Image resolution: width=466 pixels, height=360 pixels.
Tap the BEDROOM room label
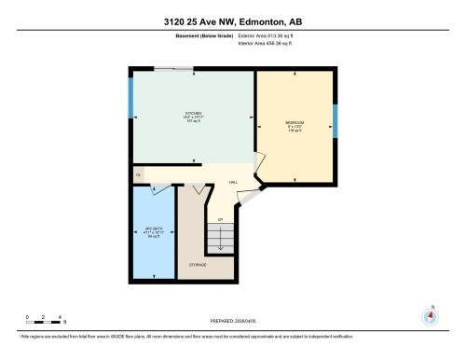click(295, 123)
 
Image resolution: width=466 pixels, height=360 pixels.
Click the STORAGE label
click(197, 265)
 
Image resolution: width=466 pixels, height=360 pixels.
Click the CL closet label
click(138, 174)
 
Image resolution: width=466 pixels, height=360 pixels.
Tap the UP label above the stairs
click(221, 220)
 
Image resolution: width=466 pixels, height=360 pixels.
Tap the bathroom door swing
click(158, 189)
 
